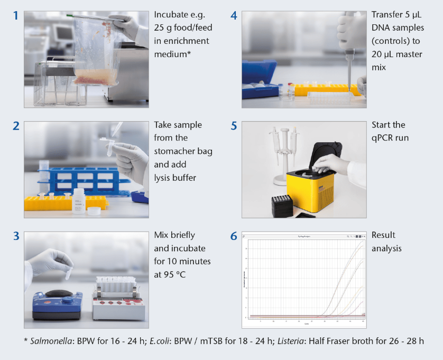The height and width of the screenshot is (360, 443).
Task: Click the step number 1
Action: point(16,16)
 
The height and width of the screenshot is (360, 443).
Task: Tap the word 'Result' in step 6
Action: point(383,235)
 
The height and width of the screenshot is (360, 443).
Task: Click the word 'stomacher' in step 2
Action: point(183,151)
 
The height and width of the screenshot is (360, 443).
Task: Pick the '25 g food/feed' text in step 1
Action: point(181,28)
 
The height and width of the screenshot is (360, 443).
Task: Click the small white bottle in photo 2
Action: point(79,201)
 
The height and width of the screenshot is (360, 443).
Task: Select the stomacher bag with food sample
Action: point(95,53)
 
